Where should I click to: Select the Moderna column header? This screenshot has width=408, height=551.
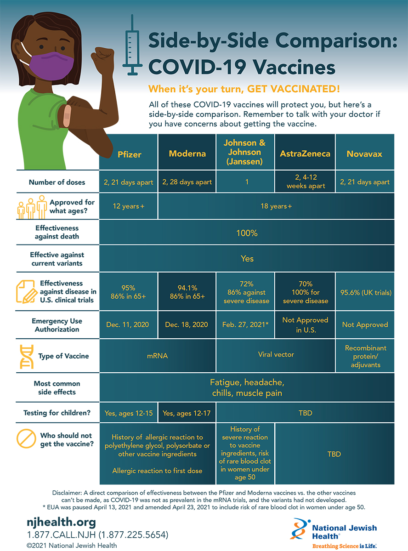(187, 153)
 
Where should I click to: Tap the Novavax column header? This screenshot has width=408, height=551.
(365, 153)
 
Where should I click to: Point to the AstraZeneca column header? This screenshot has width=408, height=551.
(305, 153)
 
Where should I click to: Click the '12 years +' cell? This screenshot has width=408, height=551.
(128, 206)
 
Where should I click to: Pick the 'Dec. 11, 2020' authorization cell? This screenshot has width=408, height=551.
(128, 324)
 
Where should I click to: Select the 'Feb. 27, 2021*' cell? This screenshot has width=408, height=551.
(245, 324)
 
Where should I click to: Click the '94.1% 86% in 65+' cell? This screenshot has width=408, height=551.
(187, 292)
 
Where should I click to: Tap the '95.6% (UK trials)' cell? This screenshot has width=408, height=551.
(365, 292)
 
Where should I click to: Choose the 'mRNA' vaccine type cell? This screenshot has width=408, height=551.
(157, 355)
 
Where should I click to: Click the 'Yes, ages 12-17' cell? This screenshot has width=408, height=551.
(187, 413)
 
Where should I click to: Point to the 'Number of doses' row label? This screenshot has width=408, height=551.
(57, 182)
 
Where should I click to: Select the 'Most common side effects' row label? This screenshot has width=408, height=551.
(57, 388)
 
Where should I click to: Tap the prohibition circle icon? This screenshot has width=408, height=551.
(26, 439)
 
